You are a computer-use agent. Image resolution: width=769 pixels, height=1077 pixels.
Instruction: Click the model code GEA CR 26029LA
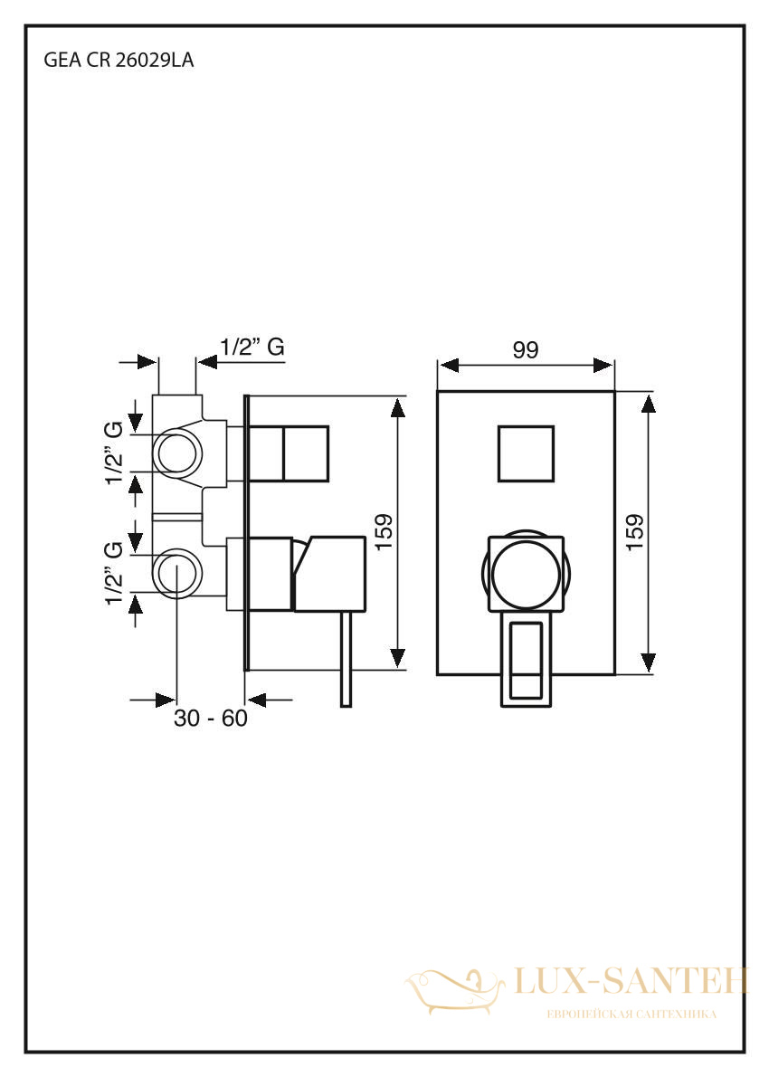tap(119, 61)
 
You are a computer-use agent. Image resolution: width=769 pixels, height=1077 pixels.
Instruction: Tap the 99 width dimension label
tap(526, 350)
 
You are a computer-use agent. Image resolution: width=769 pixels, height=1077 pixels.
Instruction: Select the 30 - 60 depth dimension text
tap(210, 719)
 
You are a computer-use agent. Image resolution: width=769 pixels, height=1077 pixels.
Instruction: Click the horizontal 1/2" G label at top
tap(252, 347)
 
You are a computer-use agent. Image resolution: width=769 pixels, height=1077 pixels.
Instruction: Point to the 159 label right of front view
tap(635, 531)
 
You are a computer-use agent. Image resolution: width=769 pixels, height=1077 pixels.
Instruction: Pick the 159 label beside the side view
tap(384, 531)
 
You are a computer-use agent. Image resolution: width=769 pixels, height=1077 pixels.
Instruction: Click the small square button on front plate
tap(526, 453)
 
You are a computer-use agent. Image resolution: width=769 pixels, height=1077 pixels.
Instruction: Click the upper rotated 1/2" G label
tap(115, 453)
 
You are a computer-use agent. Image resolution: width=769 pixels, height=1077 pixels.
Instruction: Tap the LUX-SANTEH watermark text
tap(631, 982)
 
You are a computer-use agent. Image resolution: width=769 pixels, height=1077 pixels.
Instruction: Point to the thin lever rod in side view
tap(346, 659)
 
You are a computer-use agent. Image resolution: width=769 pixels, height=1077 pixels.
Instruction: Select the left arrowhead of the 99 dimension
tap(449, 365)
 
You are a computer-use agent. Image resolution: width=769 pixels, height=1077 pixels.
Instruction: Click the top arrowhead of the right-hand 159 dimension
tap(648, 403)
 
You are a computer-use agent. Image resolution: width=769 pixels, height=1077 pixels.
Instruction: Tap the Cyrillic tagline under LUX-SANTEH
tap(631, 1014)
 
